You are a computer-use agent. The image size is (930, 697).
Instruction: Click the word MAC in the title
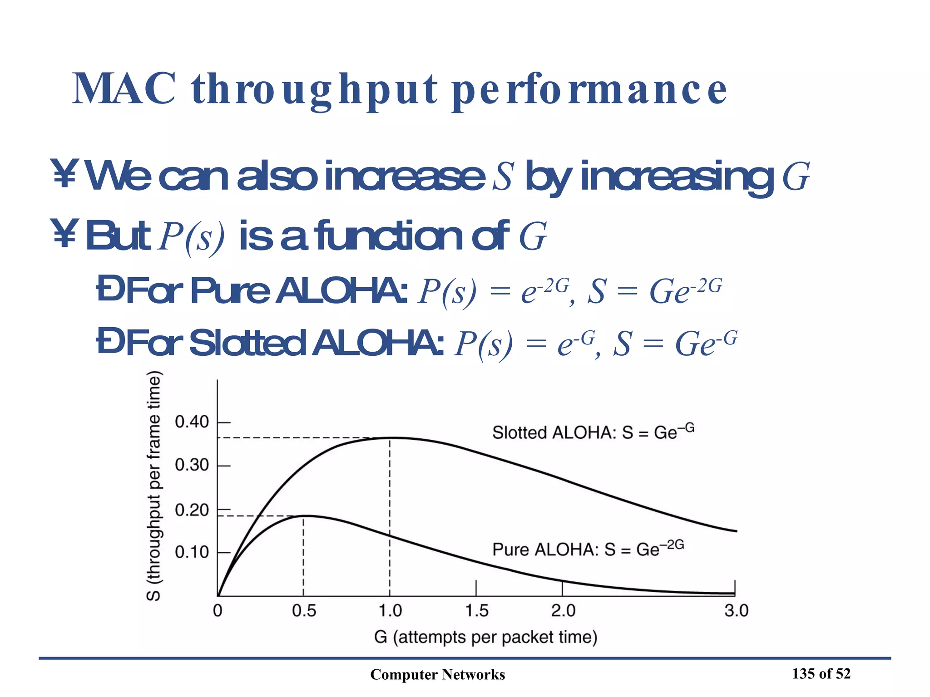pyautogui.click(x=124, y=89)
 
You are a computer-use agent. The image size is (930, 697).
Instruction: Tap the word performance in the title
pyautogui.click(x=589, y=91)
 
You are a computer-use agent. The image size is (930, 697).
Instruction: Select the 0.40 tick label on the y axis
pyautogui.click(x=192, y=422)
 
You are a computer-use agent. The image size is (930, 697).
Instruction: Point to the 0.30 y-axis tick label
pyautogui.click(x=192, y=465)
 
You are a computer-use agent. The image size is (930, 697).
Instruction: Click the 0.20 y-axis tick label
pyautogui.click(x=192, y=510)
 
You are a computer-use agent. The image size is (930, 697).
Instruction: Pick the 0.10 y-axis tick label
pyautogui.click(x=192, y=552)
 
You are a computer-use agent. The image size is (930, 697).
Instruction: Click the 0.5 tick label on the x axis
pyautogui.click(x=304, y=611)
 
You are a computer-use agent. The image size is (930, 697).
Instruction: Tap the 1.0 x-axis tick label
pyautogui.click(x=390, y=611)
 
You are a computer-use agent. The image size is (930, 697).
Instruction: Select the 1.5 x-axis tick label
pyautogui.click(x=476, y=611)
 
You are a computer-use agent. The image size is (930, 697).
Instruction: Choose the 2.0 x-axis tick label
pyautogui.click(x=563, y=611)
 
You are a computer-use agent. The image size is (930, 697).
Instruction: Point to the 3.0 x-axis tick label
pyautogui.click(x=736, y=611)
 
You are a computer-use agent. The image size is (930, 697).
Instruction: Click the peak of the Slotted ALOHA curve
pyautogui.click(x=391, y=437)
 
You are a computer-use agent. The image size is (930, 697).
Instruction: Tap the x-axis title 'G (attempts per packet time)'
pyautogui.click(x=485, y=637)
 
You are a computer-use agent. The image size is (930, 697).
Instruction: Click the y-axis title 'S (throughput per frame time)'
pyautogui.click(x=154, y=486)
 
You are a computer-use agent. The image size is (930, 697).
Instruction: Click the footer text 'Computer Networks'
pyautogui.click(x=437, y=675)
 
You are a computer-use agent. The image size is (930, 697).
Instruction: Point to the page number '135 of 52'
pyautogui.click(x=821, y=674)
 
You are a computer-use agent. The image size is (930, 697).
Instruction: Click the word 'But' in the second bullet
pyautogui.click(x=118, y=236)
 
